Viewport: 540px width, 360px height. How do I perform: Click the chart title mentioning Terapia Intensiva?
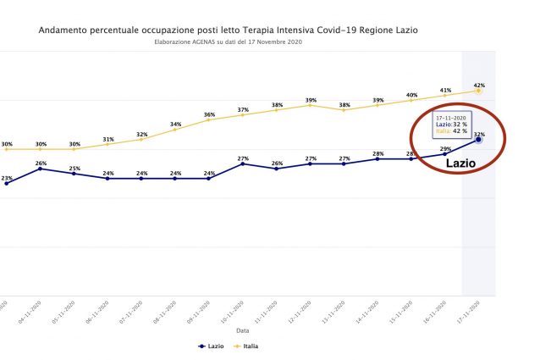coord(228,30)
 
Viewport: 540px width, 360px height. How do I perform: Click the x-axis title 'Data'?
coord(243,330)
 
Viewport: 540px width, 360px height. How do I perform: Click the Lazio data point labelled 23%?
coord(7,183)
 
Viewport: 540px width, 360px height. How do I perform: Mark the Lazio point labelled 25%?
coord(74,174)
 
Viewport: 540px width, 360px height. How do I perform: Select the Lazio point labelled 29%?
coord(445,154)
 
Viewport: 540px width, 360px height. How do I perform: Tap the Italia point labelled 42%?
coord(479,91)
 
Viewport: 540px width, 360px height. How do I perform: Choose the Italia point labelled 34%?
coord(175,130)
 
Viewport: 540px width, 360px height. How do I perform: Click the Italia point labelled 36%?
coord(209,119)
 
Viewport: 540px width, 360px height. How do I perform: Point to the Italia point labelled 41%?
coord(445,95)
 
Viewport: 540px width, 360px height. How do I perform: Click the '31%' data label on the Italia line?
coord(108,139)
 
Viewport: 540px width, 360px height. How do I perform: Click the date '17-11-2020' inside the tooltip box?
coord(449,117)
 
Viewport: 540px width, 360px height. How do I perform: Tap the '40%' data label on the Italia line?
coord(412,95)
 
